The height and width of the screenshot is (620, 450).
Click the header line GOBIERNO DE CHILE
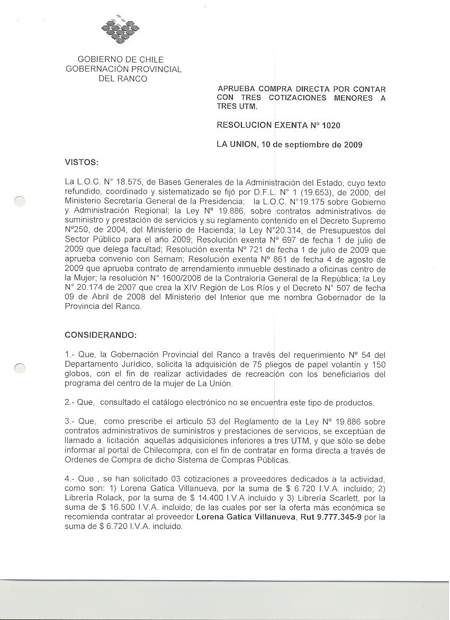point(121,59)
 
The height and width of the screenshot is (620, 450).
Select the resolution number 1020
point(330,126)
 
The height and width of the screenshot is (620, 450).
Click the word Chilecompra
point(167,450)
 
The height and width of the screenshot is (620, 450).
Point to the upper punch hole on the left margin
point(19,201)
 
